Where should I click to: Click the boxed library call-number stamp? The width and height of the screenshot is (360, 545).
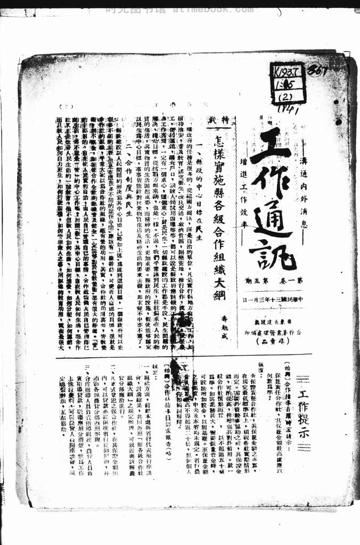click(x=288, y=82)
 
